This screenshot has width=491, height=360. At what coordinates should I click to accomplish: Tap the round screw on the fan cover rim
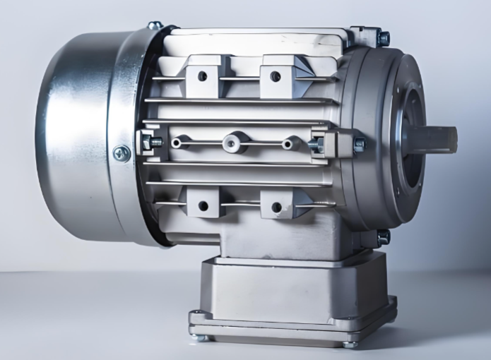[x=122, y=152]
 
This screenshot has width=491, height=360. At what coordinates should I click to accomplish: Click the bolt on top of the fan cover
[x=155, y=25]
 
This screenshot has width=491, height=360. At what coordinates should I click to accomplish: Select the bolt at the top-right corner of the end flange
[x=382, y=37]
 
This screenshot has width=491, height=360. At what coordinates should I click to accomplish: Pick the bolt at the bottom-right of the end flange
[x=382, y=238]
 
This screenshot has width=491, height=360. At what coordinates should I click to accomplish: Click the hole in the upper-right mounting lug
[x=276, y=76]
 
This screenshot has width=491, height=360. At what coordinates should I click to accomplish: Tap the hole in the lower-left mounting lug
[x=203, y=206]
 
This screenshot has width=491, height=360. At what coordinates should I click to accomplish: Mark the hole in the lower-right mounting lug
[x=276, y=207]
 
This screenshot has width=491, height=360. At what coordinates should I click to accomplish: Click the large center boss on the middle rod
[x=235, y=143]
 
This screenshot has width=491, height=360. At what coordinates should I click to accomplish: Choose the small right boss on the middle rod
[x=289, y=143]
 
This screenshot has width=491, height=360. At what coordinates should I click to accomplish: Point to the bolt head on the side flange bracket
[x=359, y=144]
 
